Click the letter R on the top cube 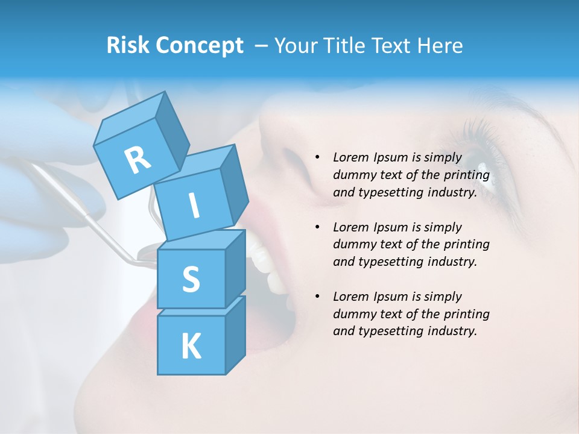138,160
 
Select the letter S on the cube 191,279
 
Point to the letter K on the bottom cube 191,347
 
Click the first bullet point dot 318,157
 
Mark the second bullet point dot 318,227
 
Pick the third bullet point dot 318,297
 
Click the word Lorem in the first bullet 350,157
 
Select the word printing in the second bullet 466,245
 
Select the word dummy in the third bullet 353,314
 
